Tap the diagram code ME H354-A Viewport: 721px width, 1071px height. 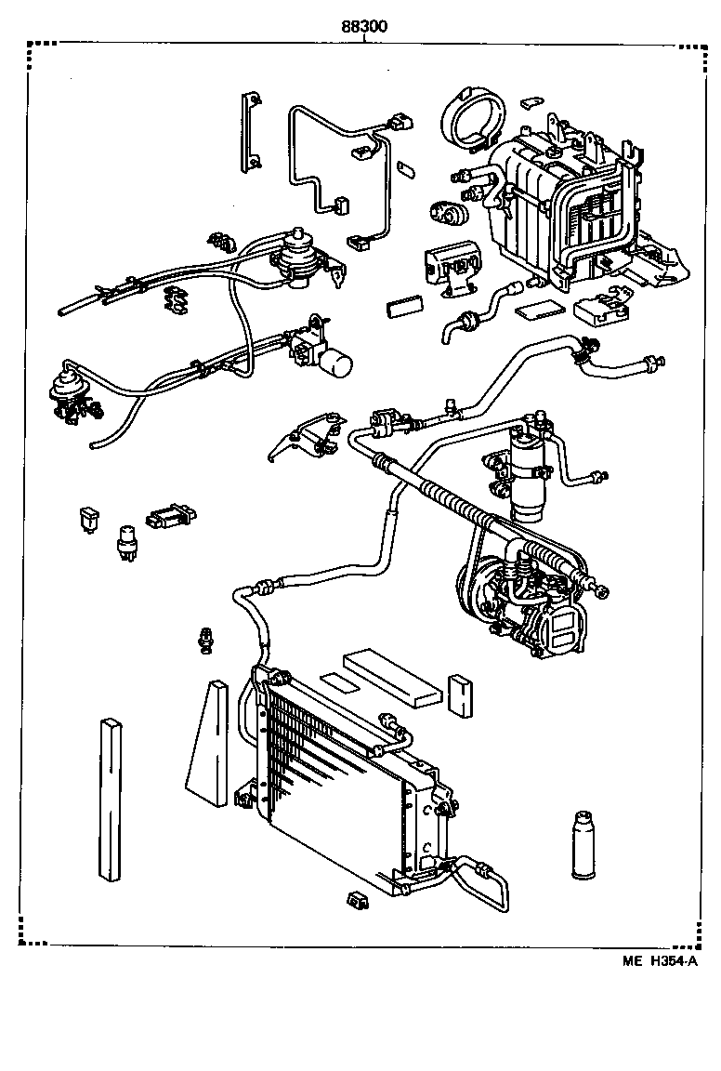point(660,961)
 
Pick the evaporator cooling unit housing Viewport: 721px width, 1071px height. point(557,205)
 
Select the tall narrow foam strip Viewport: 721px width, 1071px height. point(110,800)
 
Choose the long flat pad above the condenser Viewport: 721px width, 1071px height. point(393,677)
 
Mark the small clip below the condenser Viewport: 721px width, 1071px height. point(356,899)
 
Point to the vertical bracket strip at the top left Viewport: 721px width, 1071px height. point(249,130)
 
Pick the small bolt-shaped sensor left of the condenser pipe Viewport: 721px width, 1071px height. point(206,640)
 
